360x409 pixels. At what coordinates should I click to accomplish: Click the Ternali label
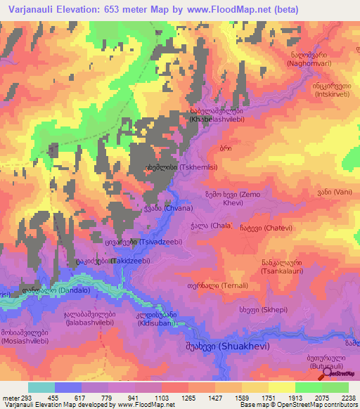pos(224,285)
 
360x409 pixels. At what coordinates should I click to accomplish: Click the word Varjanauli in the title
pos(27,9)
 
